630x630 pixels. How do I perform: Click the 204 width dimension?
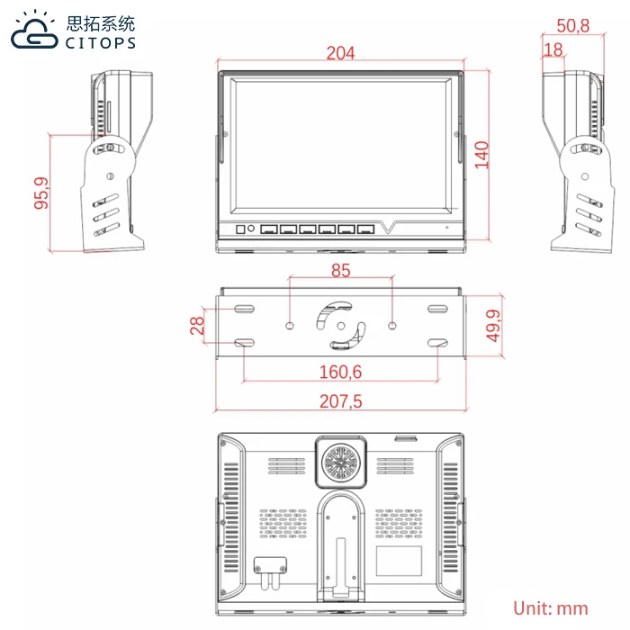click(340, 53)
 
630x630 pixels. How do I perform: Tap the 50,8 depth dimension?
click(572, 26)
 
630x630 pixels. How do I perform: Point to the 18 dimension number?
click(553, 49)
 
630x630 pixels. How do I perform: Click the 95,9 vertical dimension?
click(40, 193)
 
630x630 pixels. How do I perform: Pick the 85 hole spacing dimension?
click(340, 269)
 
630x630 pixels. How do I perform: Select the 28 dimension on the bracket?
click(197, 325)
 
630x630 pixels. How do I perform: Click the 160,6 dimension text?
click(340, 372)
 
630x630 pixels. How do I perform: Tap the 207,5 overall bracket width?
click(340, 402)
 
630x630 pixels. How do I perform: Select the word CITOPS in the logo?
click(100, 42)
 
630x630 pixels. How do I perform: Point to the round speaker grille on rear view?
click(340, 463)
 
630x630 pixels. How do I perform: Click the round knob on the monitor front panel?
click(252, 229)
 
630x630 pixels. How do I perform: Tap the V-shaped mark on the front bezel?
click(389, 227)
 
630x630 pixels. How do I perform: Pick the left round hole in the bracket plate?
click(289, 325)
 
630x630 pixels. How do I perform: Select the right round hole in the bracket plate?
click(393, 325)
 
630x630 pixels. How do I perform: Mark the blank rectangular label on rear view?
click(398, 562)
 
